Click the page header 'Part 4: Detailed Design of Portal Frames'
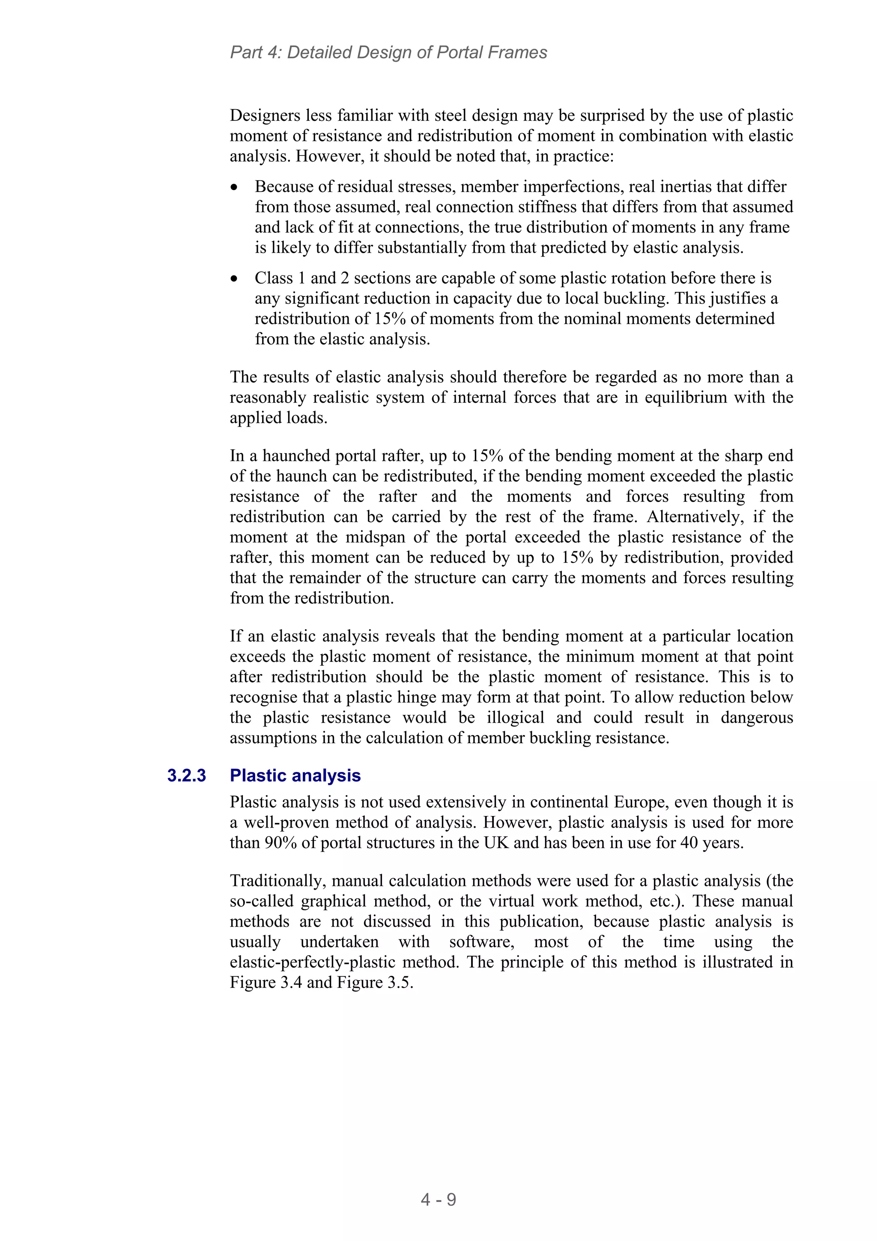tap(388, 52)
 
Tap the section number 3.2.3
tap(186, 776)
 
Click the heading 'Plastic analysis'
tap(295, 776)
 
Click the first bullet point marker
tap(234, 188)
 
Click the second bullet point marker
tap(234, 279)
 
